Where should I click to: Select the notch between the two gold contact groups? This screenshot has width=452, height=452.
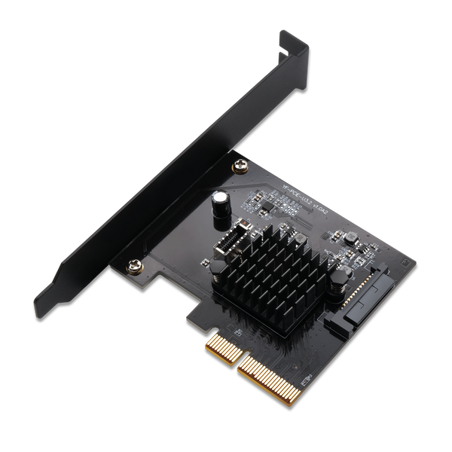click(x=235, y=362)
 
